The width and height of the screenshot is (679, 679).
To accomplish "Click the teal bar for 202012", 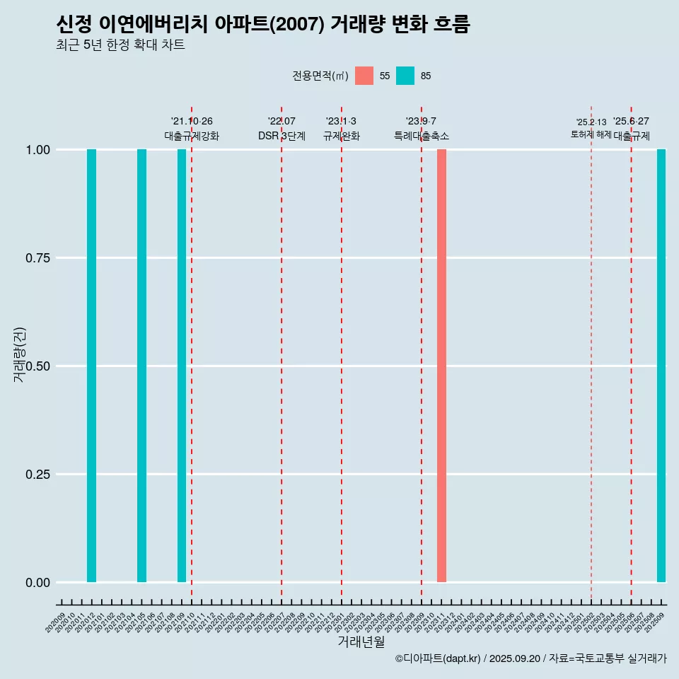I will (91, 366).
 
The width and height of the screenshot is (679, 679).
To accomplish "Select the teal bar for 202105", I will (141, 366).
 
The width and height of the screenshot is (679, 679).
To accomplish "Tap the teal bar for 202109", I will (182, 366).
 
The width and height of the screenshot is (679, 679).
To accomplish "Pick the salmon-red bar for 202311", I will (441, 366).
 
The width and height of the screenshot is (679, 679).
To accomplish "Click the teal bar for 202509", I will (661, 366).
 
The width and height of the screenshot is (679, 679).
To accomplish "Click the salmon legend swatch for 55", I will (364, 76).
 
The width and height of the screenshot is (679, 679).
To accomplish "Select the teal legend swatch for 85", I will (405, 76).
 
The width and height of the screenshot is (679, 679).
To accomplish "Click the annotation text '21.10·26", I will (192, 121).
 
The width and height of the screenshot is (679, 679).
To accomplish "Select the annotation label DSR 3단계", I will (282, 136).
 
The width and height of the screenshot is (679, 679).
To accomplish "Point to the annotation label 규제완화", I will (342, 136).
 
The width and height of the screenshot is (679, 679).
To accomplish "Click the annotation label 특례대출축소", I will (422, 136).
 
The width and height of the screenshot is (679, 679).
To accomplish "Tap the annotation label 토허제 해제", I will (591, 134).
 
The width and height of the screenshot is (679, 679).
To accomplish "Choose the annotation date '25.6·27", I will (631, 121).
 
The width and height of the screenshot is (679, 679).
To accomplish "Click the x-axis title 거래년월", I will (361, 642).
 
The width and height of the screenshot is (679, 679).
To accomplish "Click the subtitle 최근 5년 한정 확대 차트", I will (120, 45).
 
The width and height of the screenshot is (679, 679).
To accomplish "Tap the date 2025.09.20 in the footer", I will (515, 658).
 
